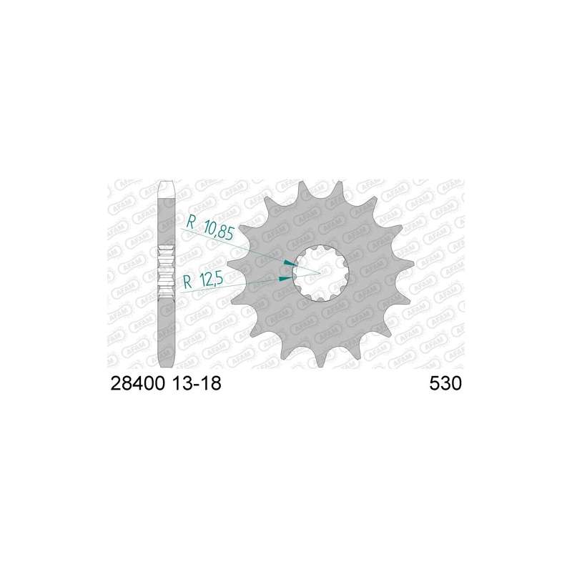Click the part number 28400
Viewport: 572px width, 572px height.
point(137,384)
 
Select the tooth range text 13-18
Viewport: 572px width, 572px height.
point(197,384)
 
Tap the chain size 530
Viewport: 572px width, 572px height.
point(445,384)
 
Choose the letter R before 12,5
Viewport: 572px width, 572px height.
point(187,281)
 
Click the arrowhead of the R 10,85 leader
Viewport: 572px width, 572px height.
point(290,263)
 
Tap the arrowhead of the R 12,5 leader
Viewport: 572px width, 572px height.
point(285,279)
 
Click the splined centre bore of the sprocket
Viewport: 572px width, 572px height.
point(320,272)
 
